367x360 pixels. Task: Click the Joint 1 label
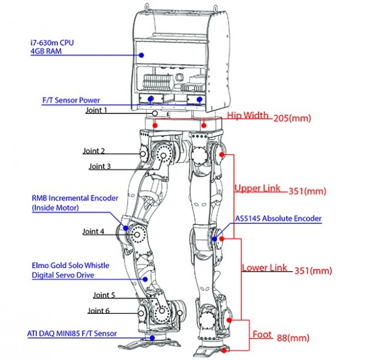tap(96, 110)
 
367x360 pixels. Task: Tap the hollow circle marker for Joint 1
tap(155, 113)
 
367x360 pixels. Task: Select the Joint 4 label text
tap(93, 231)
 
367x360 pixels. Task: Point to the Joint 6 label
tap(99, 311)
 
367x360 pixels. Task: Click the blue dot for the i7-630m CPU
tap(141, 55)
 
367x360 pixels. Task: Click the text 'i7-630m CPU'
tap(52, 43)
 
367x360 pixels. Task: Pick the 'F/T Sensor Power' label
tap(71, 100)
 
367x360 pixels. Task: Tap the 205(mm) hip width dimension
tap(292, 118)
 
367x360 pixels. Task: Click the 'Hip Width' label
tap(248, 115)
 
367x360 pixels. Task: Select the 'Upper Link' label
tap(257, 188)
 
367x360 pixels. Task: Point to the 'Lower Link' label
tap(264, 268)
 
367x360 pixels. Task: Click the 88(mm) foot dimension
tap(293, 338)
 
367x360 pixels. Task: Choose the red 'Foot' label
tap(262, 335)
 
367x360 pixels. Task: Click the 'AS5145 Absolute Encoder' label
tap(278, 218)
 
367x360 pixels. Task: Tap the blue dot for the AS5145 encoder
tap(215, 239)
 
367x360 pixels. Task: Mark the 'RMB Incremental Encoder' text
tap(75, 198)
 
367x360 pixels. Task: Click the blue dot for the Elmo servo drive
tap(145, 279)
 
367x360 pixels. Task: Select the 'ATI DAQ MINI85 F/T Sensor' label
tap(72, 333)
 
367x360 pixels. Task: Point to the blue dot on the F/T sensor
tap(152, 338)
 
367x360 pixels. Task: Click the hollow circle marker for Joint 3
tap(163, 155)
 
